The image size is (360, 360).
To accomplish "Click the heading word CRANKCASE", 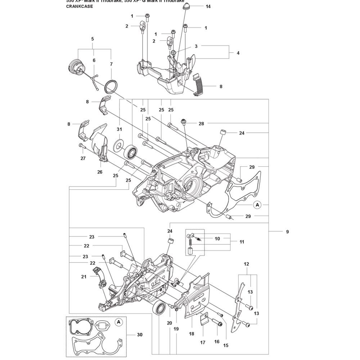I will [x=77, y=6].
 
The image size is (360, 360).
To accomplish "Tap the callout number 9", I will [x=287, y=232].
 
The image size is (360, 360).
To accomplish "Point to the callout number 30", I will [x=140, y=335].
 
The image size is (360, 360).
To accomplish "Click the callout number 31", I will [x=119, y=130].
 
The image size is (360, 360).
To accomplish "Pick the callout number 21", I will [x=84, y=276].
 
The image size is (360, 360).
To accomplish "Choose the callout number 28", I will [x=201, y=123].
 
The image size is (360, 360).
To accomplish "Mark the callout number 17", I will [x=203, y=342].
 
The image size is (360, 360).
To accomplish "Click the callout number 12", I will [x=246, y=264].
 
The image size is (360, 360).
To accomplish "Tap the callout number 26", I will [x=100, y=172].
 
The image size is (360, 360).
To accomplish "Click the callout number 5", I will [x=93, y=39].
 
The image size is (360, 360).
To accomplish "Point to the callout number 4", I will [x=238, y=53].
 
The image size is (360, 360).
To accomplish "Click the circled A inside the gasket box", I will [x=118, y=321].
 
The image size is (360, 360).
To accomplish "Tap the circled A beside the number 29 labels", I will [x=257, y=204].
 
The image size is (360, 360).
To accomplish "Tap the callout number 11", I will [x=241, y=242].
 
